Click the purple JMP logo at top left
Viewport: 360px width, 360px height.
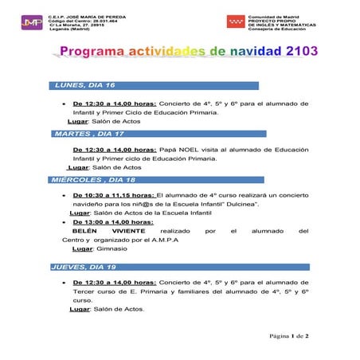point(32,22)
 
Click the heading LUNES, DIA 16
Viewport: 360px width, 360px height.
point(85,85)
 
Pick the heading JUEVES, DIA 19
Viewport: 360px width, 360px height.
point(84,267)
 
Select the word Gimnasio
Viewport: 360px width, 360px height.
point(111,248)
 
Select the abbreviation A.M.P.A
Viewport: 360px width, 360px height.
point(162,240)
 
